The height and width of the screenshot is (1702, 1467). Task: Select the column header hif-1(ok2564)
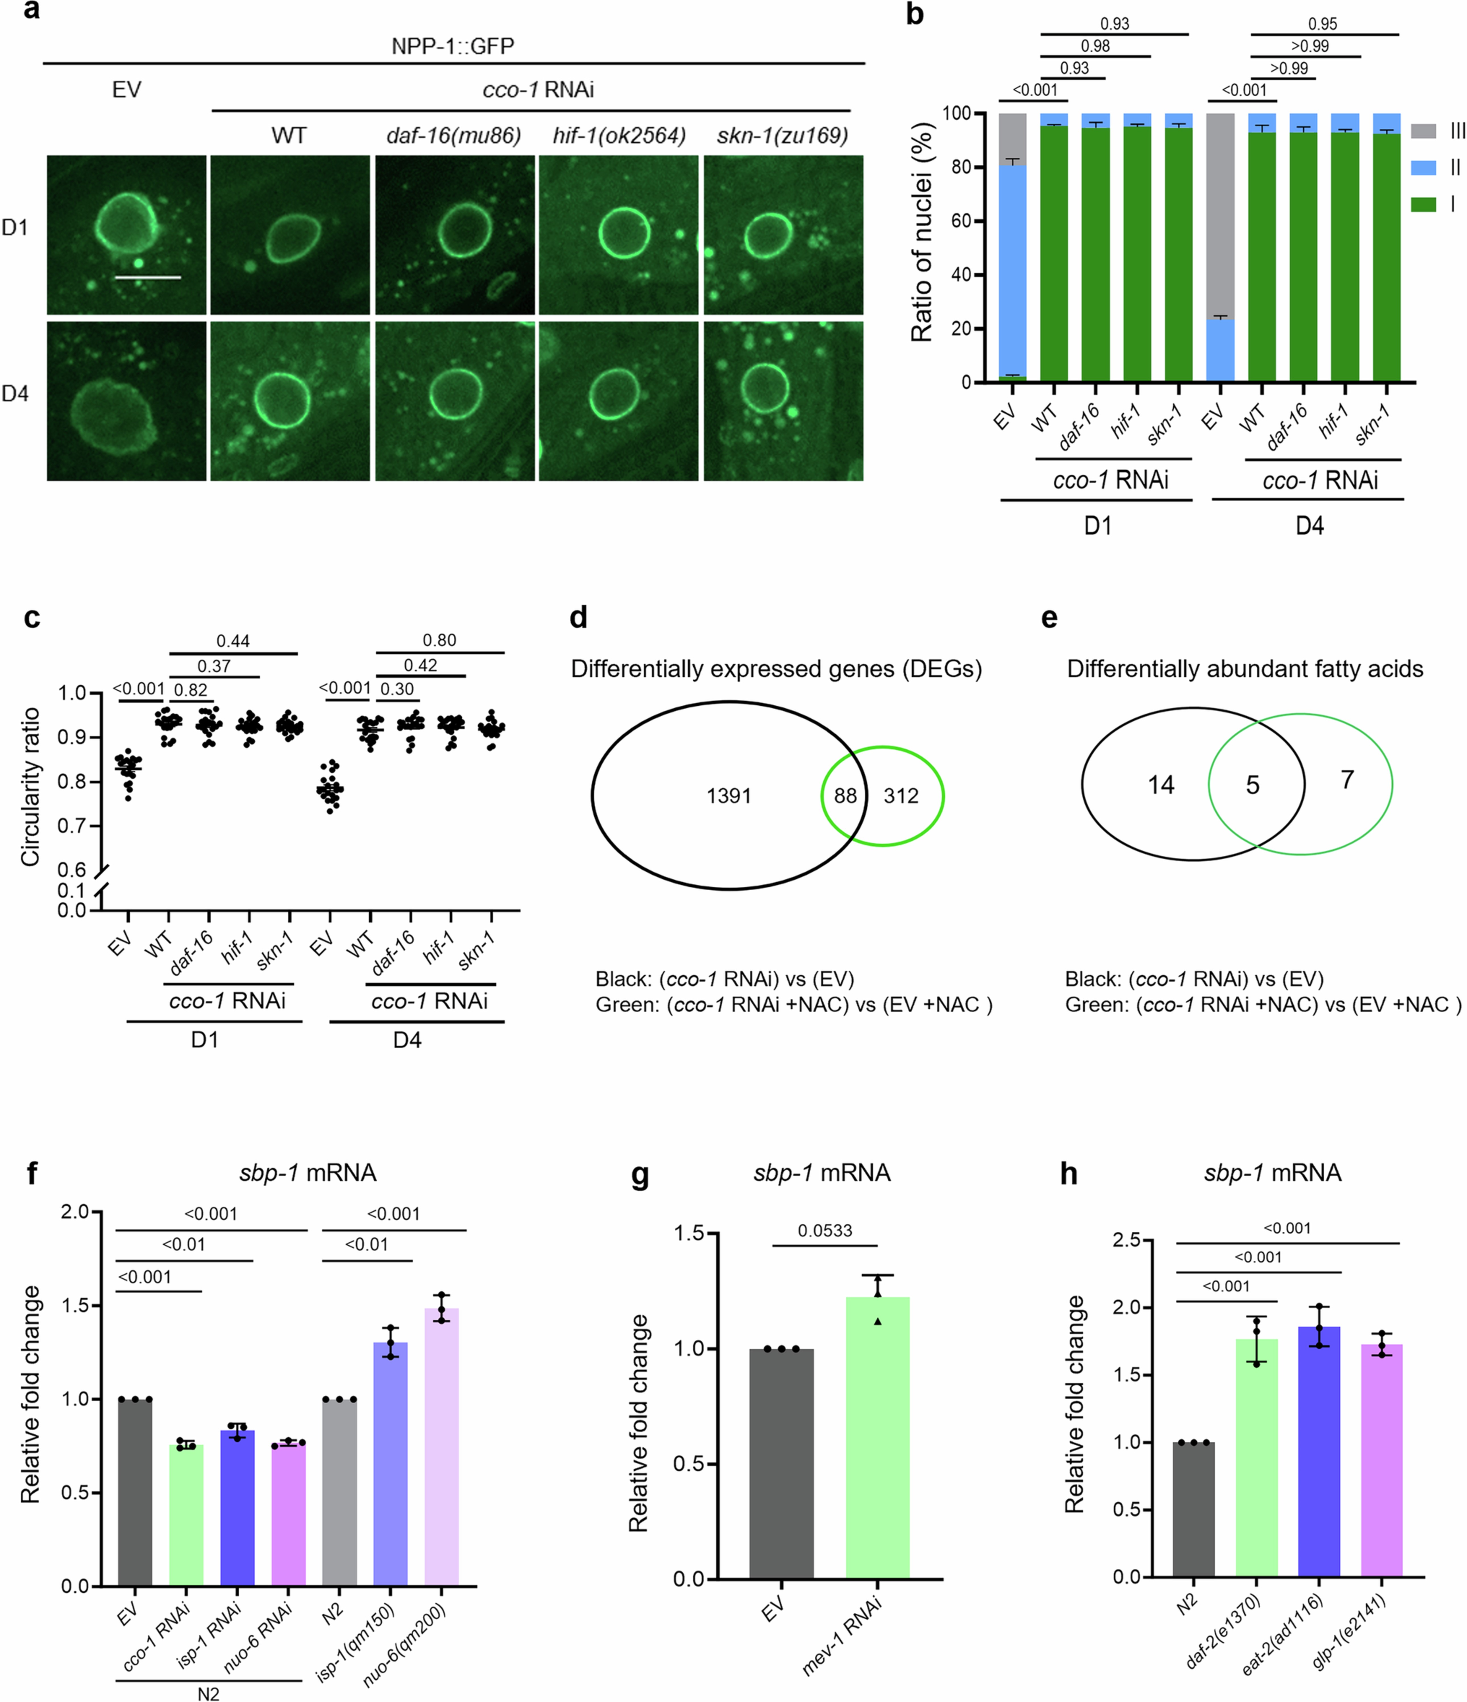[x=619, y=136]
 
